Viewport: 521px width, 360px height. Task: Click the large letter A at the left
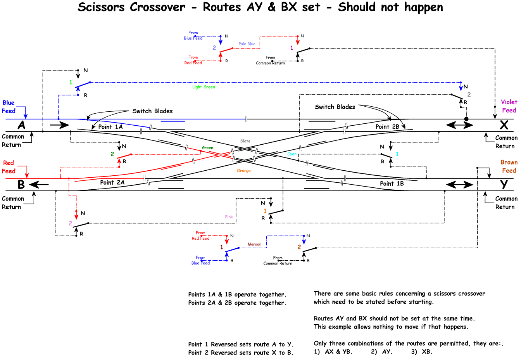(22, 125)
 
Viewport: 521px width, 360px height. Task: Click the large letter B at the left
(21, 185)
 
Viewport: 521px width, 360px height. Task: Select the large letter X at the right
(504, 125)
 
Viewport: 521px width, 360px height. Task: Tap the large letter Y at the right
(504, 184)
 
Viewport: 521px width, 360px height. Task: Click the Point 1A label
(110, 127)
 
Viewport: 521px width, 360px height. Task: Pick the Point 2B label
(387, 127)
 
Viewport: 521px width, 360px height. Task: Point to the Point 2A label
(112, 182)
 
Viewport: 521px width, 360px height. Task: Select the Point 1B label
(392, 183)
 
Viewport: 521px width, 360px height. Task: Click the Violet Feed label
(509, 106)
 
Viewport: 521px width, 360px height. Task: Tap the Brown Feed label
(509, 166)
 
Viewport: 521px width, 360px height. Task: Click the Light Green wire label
(204, 87)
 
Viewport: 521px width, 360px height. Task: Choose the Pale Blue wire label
(247, 44)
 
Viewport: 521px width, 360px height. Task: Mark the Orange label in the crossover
(244, 171)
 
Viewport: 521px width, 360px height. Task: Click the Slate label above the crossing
(245, 141)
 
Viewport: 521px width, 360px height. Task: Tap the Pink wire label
(229, 217)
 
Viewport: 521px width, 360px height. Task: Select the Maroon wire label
(255, 244)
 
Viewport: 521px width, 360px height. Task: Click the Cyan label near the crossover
(292, 154)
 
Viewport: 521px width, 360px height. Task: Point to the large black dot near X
(466, 119)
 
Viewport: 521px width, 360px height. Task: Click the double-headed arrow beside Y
(460, 185)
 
